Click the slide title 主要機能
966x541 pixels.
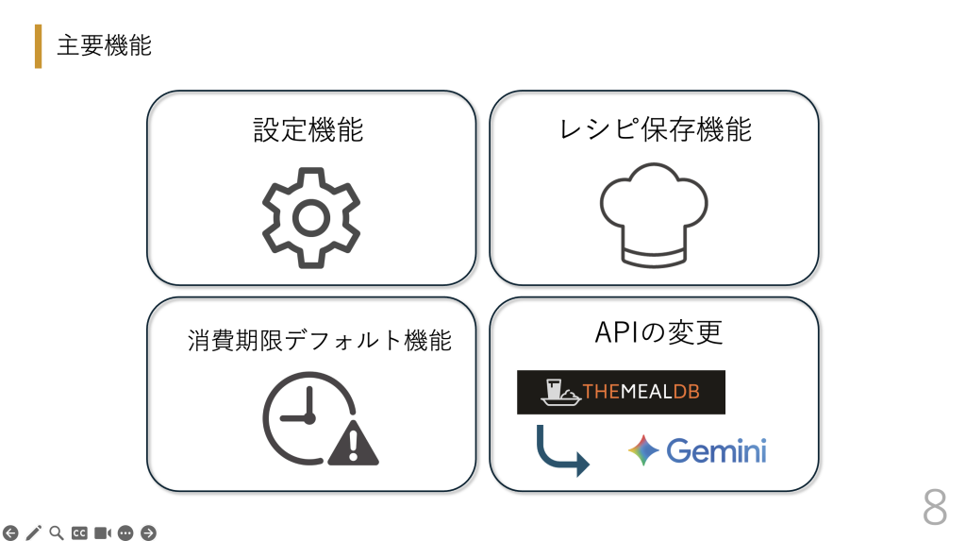coord(104,45)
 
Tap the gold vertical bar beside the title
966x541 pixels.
coord(38,46)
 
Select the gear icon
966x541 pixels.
coord(311,218)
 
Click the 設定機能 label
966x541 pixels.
coord(308,129)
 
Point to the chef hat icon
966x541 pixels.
coord(654,214)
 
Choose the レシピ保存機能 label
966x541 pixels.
coord(655,129)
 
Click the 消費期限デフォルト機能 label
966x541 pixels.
coord(320,340)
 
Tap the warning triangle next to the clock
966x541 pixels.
coord(353,442)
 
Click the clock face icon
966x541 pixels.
coord(309,417)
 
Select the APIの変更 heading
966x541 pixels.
coord(658,332)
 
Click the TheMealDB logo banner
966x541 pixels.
coord(621,392)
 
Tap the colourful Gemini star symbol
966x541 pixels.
coord(643,449)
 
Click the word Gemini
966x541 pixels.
coord(717,451)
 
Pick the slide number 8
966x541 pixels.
coord(935,507)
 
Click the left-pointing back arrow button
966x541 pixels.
coord(10,533)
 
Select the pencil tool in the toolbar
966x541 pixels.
coord(34,533)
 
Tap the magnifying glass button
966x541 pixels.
coord(57,533)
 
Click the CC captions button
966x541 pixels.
coord(79,533)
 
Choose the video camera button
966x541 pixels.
coord(102,533)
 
